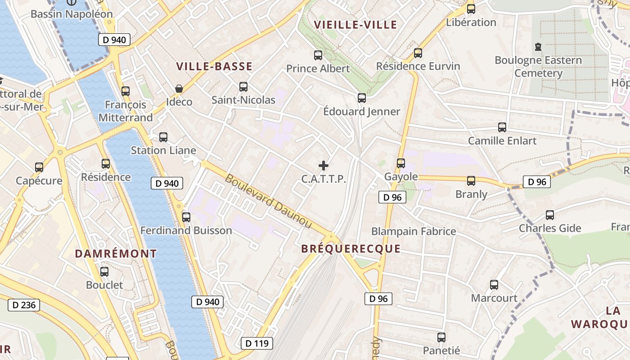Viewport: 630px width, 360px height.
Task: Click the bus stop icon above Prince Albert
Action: point(318,55)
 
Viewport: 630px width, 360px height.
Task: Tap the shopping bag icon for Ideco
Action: point(179,89)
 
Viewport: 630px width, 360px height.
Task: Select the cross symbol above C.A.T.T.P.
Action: point(324,166)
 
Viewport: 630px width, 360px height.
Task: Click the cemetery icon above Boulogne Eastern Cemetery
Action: point(538,46)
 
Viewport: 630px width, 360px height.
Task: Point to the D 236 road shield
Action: point(24,305)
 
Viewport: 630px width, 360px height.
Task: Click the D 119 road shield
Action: point(257,343)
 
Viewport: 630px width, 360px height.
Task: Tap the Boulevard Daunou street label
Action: point(268,201)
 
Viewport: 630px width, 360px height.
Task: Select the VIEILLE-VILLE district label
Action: point(355,25)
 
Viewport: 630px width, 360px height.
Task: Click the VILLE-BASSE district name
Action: point(214,67)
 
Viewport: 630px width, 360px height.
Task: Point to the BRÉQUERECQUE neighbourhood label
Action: point(351,249)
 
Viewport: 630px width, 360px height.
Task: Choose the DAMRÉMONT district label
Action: point(116,254)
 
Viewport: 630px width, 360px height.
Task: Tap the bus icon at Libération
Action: point(471,9)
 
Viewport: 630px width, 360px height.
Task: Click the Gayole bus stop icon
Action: point(401,163)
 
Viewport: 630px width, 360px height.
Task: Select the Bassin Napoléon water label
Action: point(72,14)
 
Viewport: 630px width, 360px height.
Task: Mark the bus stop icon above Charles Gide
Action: point(550,215)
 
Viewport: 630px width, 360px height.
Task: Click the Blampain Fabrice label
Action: point(414,231)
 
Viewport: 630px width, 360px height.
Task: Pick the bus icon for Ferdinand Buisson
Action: point(186,217)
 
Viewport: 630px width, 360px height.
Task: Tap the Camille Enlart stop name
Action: point(502,141)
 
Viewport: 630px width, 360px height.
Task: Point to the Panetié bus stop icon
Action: point(441,337)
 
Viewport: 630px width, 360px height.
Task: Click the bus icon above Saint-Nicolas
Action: point(243,86)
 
